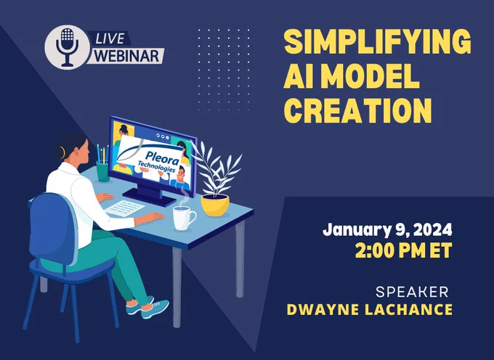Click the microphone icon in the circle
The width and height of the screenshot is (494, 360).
coord(67,47)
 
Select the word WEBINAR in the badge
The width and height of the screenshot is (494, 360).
coord(127,56)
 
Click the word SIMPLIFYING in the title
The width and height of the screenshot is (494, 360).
coord(378,42)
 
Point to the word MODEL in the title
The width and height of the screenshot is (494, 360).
coord(370,76)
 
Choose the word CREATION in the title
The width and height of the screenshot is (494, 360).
coord(357,110)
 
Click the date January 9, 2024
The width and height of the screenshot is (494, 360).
coord(387,230)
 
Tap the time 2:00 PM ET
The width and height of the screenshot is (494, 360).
coord(404,250)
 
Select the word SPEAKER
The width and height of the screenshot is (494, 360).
coord(412,292)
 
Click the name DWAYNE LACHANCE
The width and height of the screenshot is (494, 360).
coord(370,310)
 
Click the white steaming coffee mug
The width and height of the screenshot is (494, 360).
coord(184,218)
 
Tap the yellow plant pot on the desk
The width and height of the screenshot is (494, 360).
coord(215,205)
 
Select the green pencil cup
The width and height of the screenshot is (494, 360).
coord(102,171)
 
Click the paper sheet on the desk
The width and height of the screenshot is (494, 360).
coord(124,208)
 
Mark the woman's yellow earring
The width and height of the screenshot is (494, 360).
coord(62,152)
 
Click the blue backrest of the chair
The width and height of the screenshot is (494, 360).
coord(53,229)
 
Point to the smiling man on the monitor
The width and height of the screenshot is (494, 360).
coord(180,178)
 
